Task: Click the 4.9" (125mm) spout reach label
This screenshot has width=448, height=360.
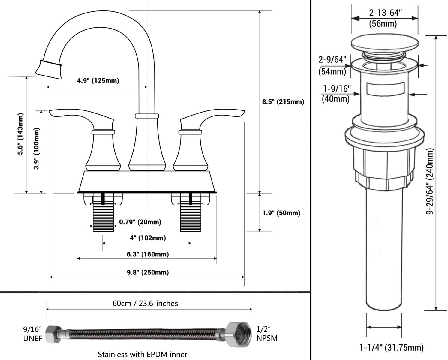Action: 98,81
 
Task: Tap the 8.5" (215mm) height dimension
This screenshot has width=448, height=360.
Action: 283,102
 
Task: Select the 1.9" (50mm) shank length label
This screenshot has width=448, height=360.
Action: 281,213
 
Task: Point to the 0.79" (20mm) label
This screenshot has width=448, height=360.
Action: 140,222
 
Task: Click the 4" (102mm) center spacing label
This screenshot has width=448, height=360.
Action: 148,238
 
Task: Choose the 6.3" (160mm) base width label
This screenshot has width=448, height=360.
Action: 148,254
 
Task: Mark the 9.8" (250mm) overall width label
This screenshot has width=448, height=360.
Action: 148,272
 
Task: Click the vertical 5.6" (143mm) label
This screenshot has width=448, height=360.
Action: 20,134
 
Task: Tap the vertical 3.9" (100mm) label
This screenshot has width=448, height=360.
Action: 36,148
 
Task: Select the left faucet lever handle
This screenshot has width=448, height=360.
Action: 81,117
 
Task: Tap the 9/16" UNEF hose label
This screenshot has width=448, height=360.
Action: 32,334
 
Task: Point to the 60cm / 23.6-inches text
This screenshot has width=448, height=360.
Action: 145,304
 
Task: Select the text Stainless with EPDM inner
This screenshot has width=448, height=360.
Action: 143,354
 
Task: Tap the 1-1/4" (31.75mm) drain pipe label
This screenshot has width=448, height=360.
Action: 392,348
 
